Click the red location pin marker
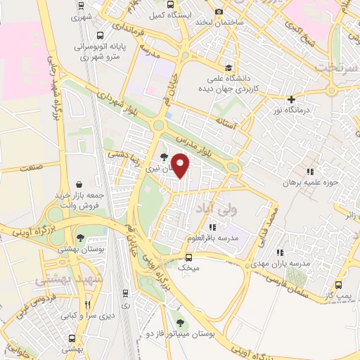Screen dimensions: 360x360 click(181, 165)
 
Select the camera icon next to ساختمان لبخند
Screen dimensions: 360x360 click(219, 11)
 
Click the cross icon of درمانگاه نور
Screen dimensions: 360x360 click(291, 99)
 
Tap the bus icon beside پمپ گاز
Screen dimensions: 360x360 click(339, 285)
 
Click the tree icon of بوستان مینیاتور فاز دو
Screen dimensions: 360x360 click(181, 323)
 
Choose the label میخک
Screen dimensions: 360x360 click(189, 268)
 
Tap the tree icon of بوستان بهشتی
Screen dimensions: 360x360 click(81, 238)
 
